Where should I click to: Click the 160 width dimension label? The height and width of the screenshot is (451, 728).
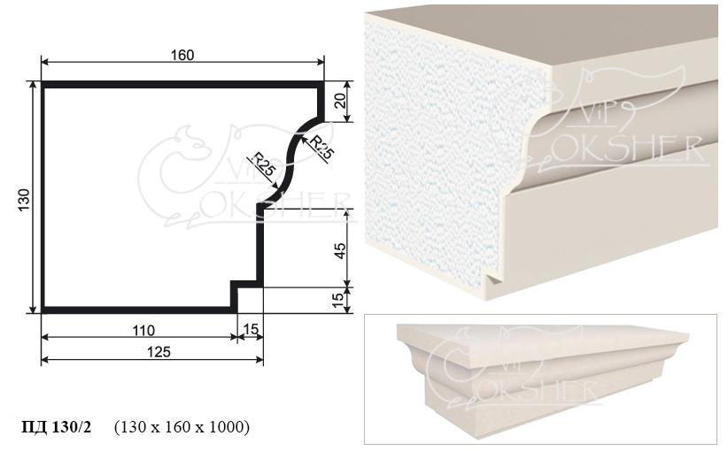pos(182,55)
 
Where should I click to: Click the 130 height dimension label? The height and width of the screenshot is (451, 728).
pos(24,200)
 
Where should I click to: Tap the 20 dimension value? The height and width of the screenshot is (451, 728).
pos(341,101)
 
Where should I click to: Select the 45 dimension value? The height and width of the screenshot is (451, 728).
pos(340,251)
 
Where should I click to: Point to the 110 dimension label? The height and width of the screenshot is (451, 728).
pos(143,331)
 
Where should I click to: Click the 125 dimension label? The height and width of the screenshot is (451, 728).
pos(159,352)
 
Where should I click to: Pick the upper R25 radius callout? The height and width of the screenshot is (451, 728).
pos(321,147)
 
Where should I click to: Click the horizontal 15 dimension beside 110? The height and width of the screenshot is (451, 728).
pos(251,330)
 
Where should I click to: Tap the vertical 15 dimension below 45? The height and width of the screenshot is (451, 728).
pos(340,300)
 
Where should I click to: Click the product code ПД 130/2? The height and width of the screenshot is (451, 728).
pos(57,426)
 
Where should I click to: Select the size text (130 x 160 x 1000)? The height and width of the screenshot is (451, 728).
pos(182,426)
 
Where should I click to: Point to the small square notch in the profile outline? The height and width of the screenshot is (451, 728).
pos(246,284)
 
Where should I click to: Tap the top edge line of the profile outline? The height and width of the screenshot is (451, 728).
pos(182,84)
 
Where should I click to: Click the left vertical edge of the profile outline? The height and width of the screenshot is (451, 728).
pos(43,197)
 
